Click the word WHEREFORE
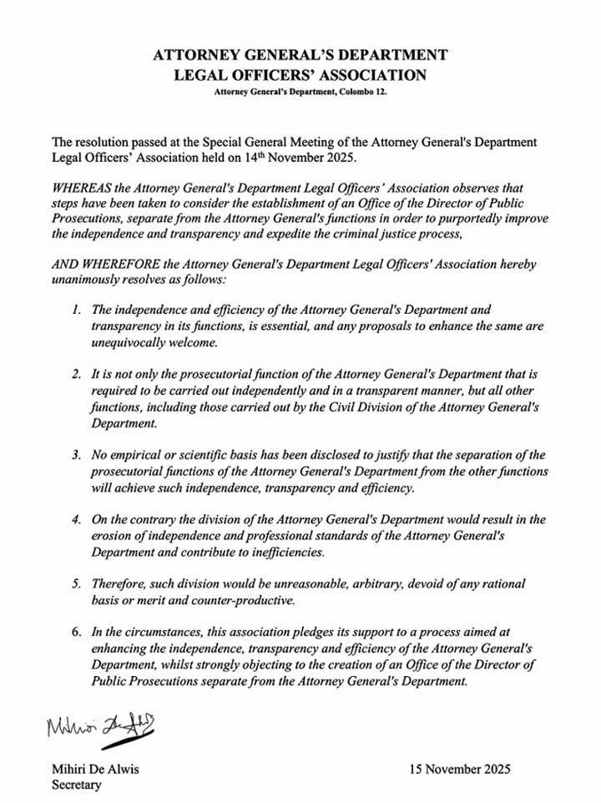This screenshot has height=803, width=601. coord(112,264)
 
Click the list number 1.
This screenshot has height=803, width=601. coord(76,311)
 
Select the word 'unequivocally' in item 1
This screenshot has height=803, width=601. coord(128,342)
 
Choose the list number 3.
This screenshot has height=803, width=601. coord(76,455)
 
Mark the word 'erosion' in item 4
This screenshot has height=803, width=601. coord(113,535)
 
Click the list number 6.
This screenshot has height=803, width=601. coord(76,632)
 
